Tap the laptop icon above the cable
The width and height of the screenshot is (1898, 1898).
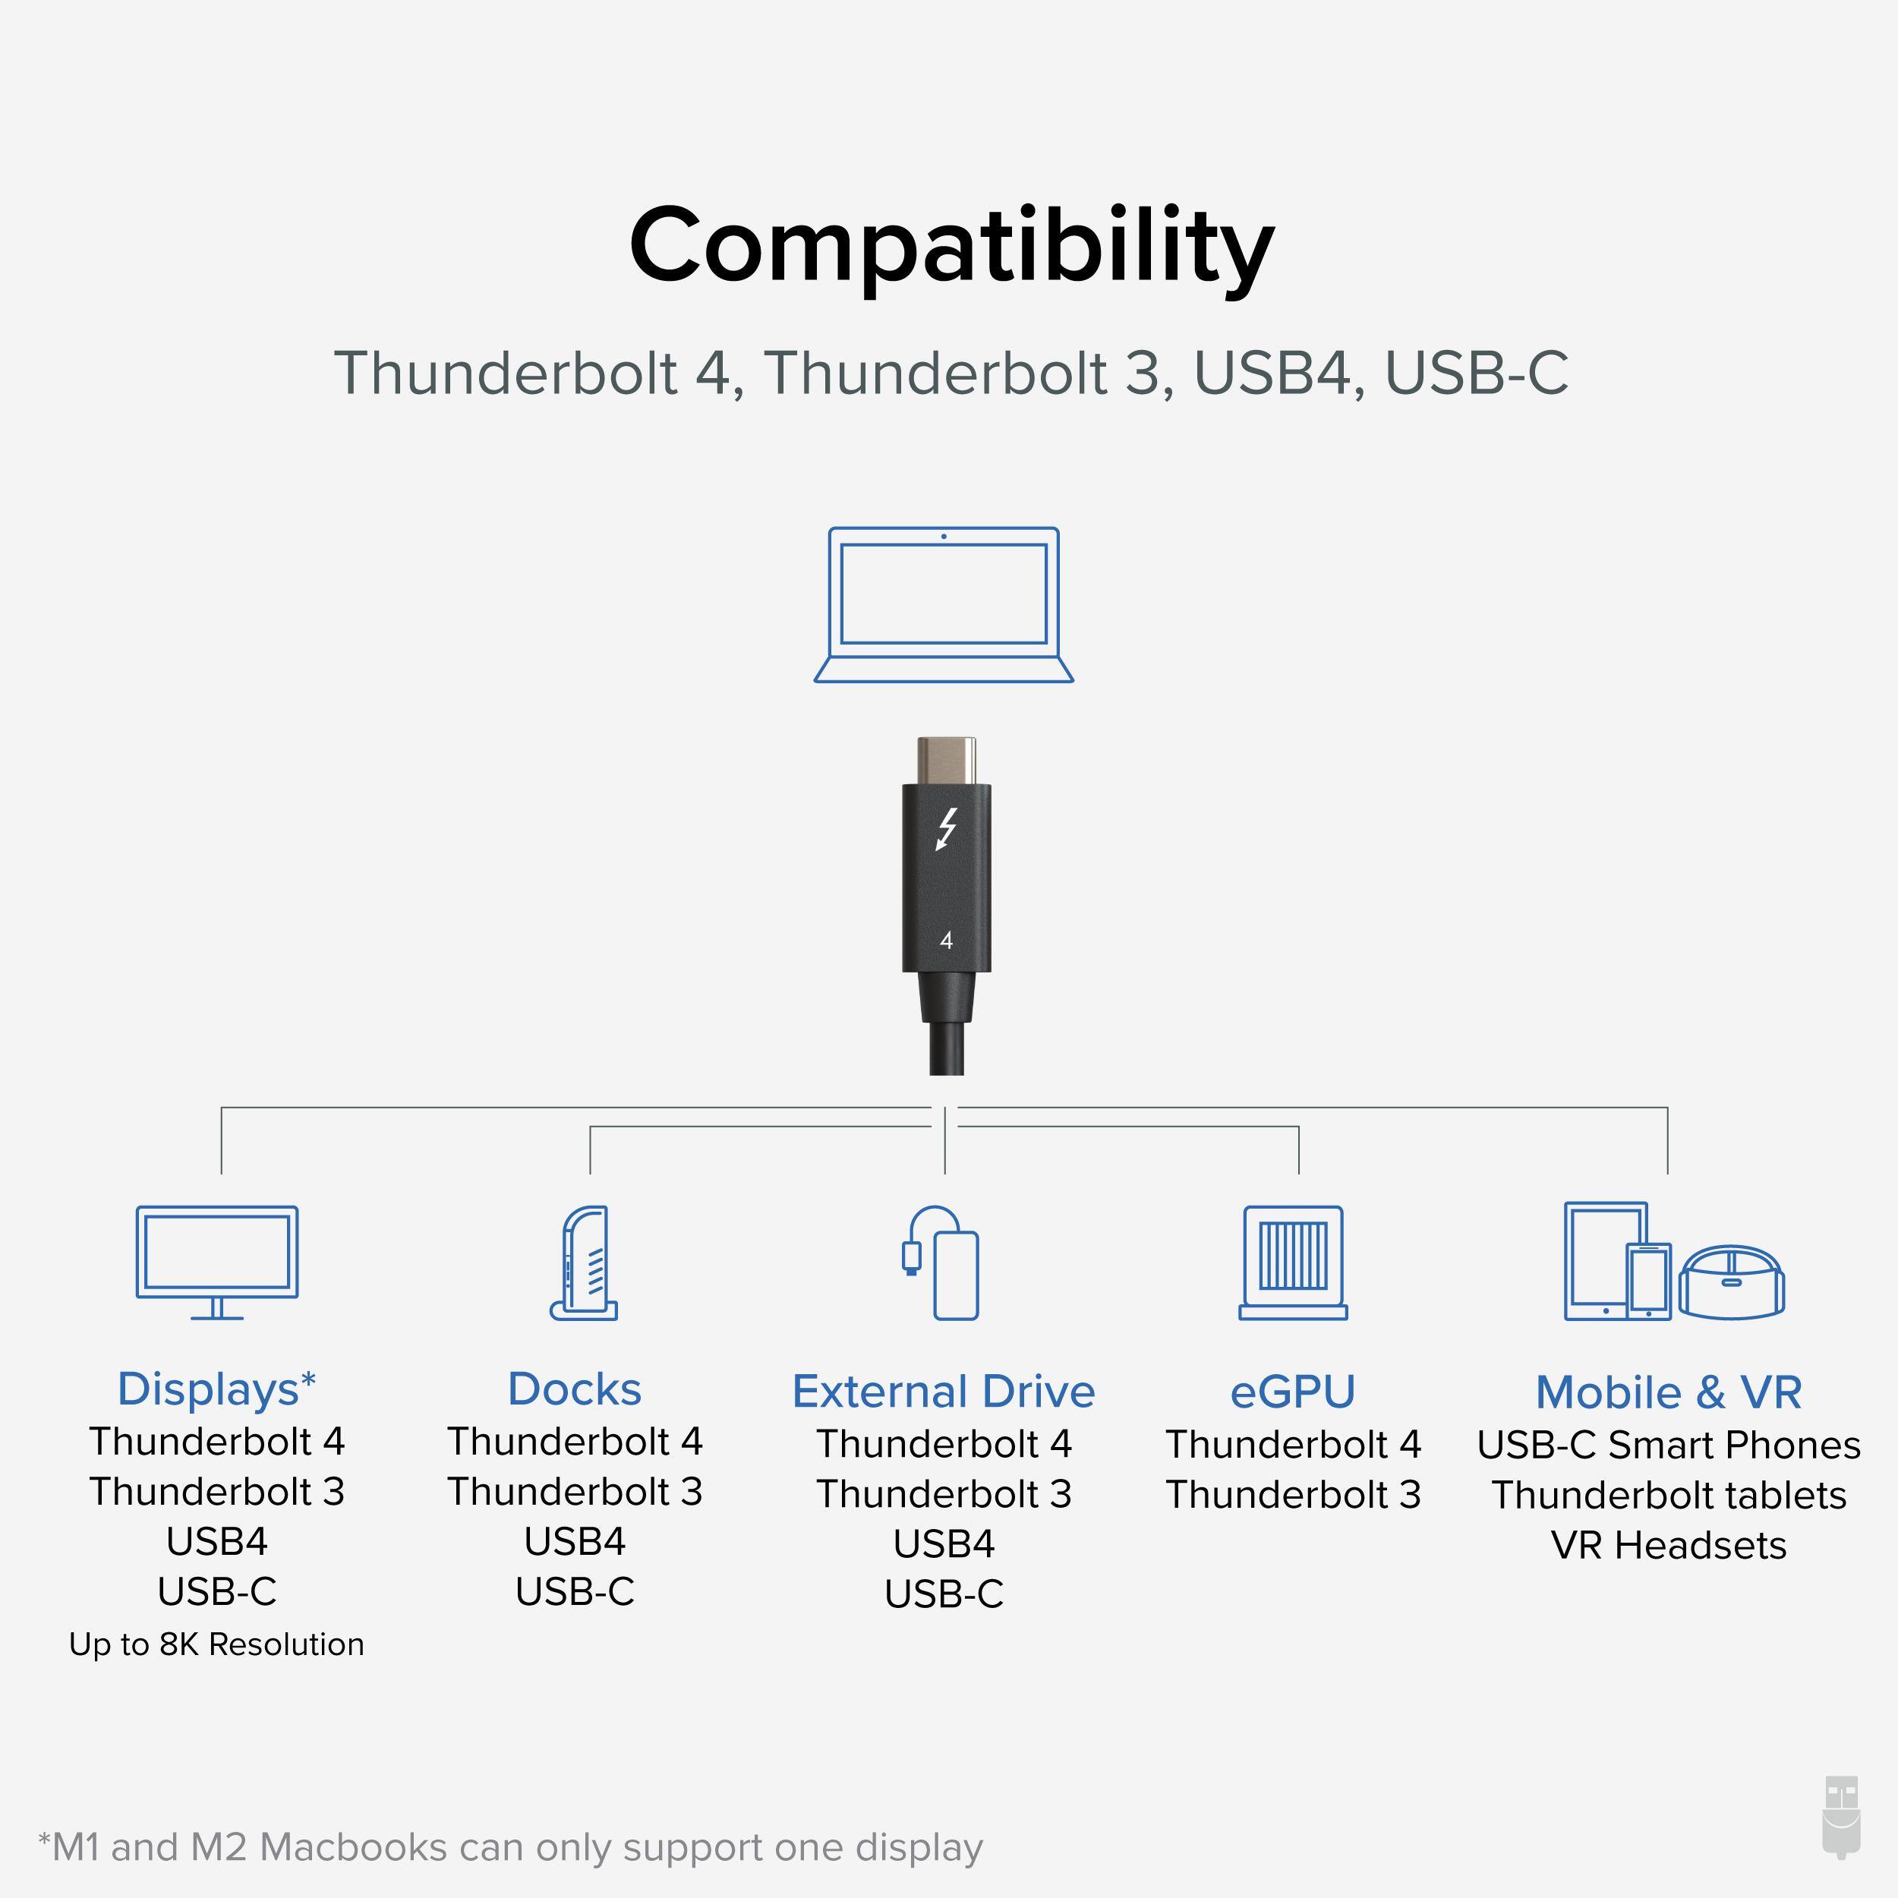click(x=943, y=604)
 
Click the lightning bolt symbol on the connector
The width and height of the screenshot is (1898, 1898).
click(x=946, y=829)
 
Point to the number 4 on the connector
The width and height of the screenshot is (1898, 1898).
click(x=946, y=940)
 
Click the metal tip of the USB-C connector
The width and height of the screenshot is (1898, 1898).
click(x=946, y=761)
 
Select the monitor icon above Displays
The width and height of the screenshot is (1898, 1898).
click(x=217, y=1261)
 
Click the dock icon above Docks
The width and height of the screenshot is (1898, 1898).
click(x=585, y=1263)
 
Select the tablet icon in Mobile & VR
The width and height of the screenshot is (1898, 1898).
click(x=1603, y=1261)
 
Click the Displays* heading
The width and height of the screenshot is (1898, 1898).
click(x=216, y=1389)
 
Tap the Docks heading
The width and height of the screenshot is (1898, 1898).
click(x=575, y=1389)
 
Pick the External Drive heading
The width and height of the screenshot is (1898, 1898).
click(x=943, y=1391)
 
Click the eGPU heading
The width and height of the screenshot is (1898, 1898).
click(x=1293, y=1391)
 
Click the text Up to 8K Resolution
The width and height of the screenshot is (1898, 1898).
click(x=216, y=1644)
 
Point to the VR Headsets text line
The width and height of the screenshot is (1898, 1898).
click(x=1668, y=1545)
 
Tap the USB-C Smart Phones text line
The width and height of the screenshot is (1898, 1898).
click(x=1668, y=1445)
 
